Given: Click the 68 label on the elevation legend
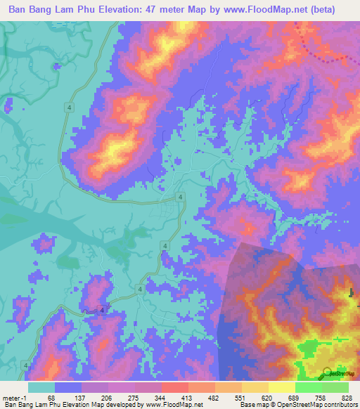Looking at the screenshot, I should point(51,397).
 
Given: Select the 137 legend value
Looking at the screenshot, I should point(78,397).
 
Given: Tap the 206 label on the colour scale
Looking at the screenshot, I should point(105,397).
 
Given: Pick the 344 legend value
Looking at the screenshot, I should point(160,397).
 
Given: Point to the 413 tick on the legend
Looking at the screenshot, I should point(188,397).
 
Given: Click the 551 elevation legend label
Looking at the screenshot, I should point(242,397).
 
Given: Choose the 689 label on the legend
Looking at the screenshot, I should point(297,397).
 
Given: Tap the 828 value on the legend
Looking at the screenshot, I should point(349,397).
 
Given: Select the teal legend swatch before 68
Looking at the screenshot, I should point(41,387).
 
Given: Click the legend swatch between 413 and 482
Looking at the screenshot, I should point(201,387).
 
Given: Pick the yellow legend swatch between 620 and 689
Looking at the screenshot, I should point(283,387).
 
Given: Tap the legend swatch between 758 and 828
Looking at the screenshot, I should point(335,387).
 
